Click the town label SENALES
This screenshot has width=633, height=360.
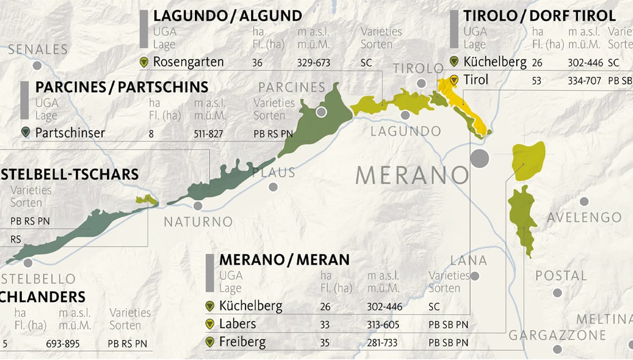(38, 50)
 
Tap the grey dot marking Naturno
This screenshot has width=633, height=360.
(198, 206)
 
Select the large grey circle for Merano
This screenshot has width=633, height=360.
(480, 158)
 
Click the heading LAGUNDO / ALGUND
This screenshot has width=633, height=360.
(228, 15)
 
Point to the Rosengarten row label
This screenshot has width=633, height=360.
(188, 62)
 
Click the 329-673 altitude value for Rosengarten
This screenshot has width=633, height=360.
(314, 63)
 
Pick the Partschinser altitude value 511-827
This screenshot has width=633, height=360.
(208, 133)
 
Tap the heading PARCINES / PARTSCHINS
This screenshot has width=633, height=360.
(122, 87)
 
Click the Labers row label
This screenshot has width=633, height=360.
(237, 324)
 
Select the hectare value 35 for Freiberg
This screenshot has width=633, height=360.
(325, 343)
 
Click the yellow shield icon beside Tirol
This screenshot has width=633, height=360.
(453, 80)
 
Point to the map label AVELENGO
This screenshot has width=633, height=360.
(584, 218)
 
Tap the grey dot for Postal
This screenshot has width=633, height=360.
(557, 293)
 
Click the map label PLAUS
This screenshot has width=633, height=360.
(273, 172)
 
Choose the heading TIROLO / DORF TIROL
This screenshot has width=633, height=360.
(540, 15)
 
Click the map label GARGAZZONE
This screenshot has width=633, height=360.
(557, 335)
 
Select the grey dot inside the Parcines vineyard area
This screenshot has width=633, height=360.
(321, 112)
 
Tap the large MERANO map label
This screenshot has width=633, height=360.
(412, 176)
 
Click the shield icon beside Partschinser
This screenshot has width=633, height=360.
(25, 132)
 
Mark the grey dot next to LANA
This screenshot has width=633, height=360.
(475, 276)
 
